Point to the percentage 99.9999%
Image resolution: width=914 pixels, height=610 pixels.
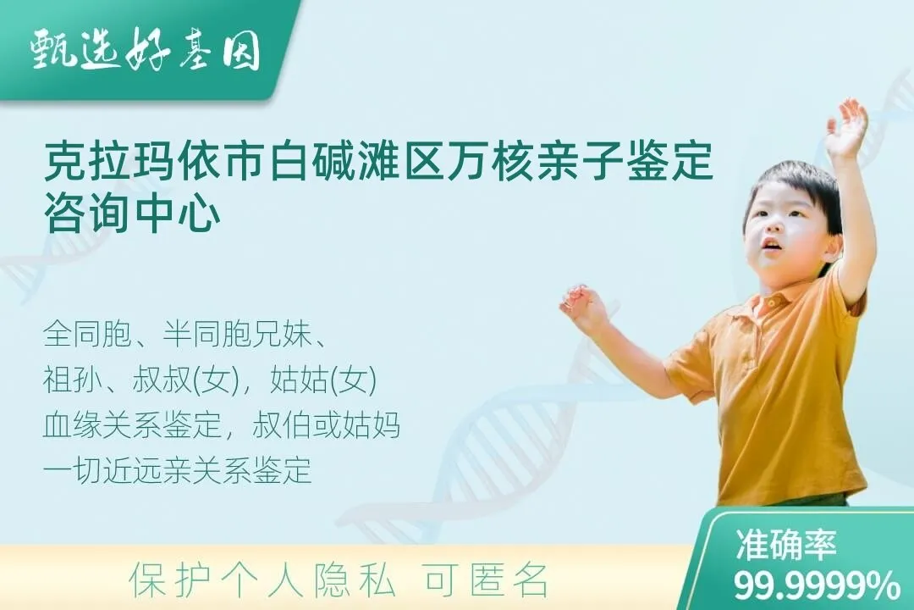coord(817,585)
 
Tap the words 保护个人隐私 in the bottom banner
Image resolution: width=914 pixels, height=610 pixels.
coord(262,580)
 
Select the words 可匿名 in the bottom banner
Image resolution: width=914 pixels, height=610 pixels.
coord(486,580)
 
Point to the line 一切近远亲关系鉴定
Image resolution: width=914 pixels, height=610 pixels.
coord(178,470)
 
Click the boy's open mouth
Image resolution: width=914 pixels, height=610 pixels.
coord(771,246)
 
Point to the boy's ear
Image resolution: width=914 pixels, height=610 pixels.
coord(832,247)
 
